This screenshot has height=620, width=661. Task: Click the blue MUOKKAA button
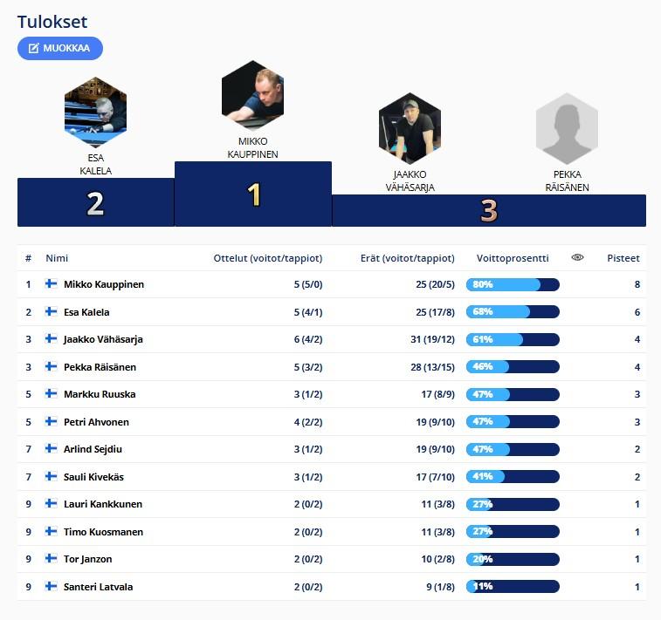click(x=60, y=48)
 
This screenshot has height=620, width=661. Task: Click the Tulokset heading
click(x=52, y=23)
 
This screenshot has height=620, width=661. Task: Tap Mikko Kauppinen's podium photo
click(x=252, y=92)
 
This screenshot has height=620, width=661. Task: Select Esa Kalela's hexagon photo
click(x=95, y=111)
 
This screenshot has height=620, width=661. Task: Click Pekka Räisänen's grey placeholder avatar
click(x=567, y=128)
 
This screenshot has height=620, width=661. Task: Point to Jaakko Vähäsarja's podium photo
click(x=410, y=128)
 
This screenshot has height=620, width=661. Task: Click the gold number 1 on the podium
click(x=254, y=194)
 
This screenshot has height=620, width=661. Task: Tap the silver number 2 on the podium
click(x=95, y=204)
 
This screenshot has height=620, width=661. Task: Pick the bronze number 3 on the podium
click(x=488, y=210)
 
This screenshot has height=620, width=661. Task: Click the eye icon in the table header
click(x=577, y=258)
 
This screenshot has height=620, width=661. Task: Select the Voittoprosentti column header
click(x=513, y=258)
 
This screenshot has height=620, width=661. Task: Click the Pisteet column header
click(x=623, y=258)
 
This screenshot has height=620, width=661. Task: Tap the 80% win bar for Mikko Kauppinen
click(x=513, y=284)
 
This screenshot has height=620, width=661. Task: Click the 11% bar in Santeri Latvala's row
click(x=513, y=587)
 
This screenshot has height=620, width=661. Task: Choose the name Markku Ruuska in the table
click(x=99, y=394)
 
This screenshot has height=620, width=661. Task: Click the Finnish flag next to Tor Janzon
click(x=52, y=559)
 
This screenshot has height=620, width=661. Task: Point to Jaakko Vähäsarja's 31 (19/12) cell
click(x=432, y=339)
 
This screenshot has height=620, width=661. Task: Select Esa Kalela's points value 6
click(x=637, y=312)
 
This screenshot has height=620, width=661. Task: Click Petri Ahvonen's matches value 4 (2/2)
click(x=309, y=422)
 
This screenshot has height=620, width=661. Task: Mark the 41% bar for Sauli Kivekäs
click(x=513, y=477)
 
